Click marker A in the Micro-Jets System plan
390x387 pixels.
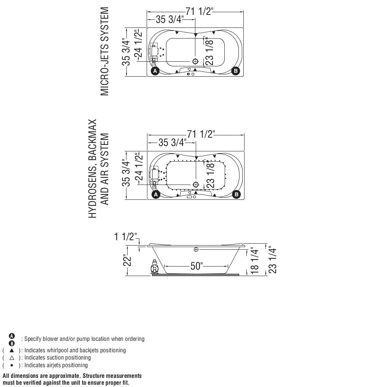point(155,71)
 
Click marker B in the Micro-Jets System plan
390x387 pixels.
point(236,71)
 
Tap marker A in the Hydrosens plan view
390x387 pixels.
point(155,194)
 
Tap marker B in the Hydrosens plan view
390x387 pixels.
point(237,194)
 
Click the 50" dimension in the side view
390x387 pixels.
point(197,266)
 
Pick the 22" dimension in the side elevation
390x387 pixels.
point(128,261)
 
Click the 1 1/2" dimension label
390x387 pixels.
point(125,237)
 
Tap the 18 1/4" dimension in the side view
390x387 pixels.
point(255,262)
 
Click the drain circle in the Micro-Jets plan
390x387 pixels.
point(196,61)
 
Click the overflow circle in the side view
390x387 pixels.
point(196,249)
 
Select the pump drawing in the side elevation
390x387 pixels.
point(155,267)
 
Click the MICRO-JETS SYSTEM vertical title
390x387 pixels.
point(104,51)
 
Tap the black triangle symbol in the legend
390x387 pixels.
point(12,350)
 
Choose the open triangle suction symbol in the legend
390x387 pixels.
point(12,358)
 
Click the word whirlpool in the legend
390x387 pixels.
point(58,350)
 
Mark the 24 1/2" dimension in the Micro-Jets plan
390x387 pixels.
point(138,44)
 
